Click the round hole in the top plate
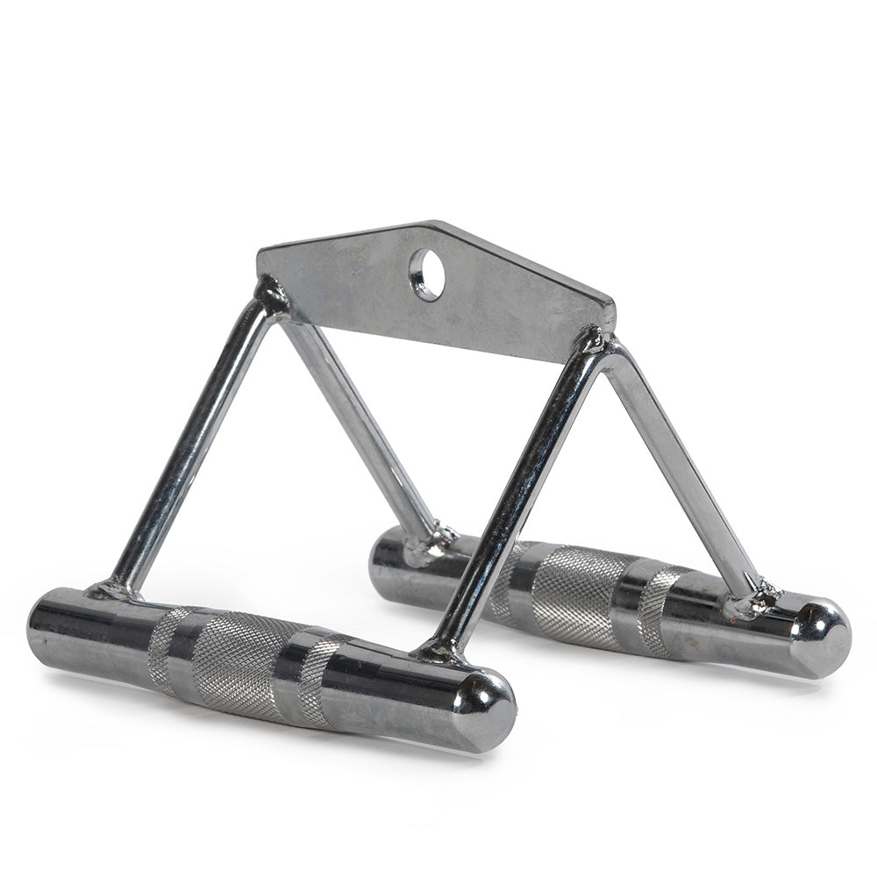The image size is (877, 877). point(427,275)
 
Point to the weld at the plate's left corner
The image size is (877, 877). point(269,294)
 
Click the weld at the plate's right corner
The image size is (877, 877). point(596,340)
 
